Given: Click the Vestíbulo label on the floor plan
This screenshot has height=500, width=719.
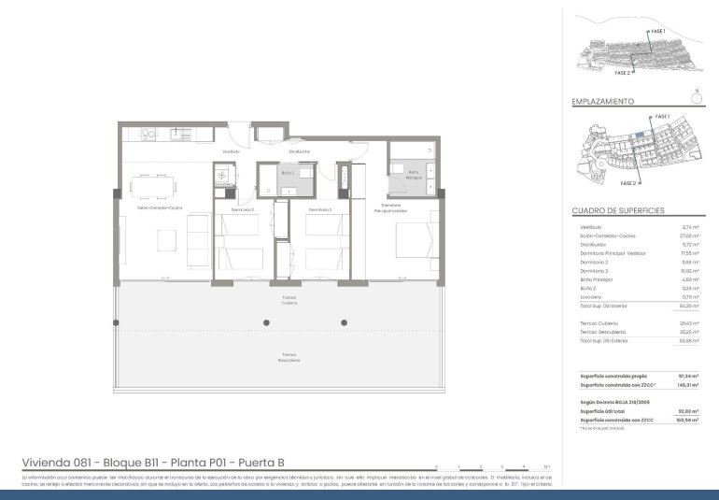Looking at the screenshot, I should click(x=231, y=151).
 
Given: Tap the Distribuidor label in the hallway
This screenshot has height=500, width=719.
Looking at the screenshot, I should click(x=299, y=151).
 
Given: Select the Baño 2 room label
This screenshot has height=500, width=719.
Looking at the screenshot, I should click(x=288, y=173).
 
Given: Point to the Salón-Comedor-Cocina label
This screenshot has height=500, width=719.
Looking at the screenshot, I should click(x=160, y=208).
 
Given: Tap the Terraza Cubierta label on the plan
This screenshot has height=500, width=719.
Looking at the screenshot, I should click(x=290, y=300).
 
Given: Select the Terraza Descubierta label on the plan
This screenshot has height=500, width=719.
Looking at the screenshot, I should click(x=290, y=357).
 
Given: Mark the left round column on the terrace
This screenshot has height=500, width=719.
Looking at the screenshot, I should click(x=266, y=322).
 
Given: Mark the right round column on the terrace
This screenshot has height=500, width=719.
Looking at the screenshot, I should click(x=344, y=322).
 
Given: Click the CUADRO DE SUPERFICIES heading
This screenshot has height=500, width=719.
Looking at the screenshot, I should click(x=618, y=211).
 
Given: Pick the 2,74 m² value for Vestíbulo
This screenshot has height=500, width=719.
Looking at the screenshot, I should click(x=690, y=227).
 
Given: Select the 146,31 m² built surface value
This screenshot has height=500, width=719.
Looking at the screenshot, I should click(x=688, y=385).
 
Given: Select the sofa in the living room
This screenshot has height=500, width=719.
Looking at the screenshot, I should click(x=199, y=229).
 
